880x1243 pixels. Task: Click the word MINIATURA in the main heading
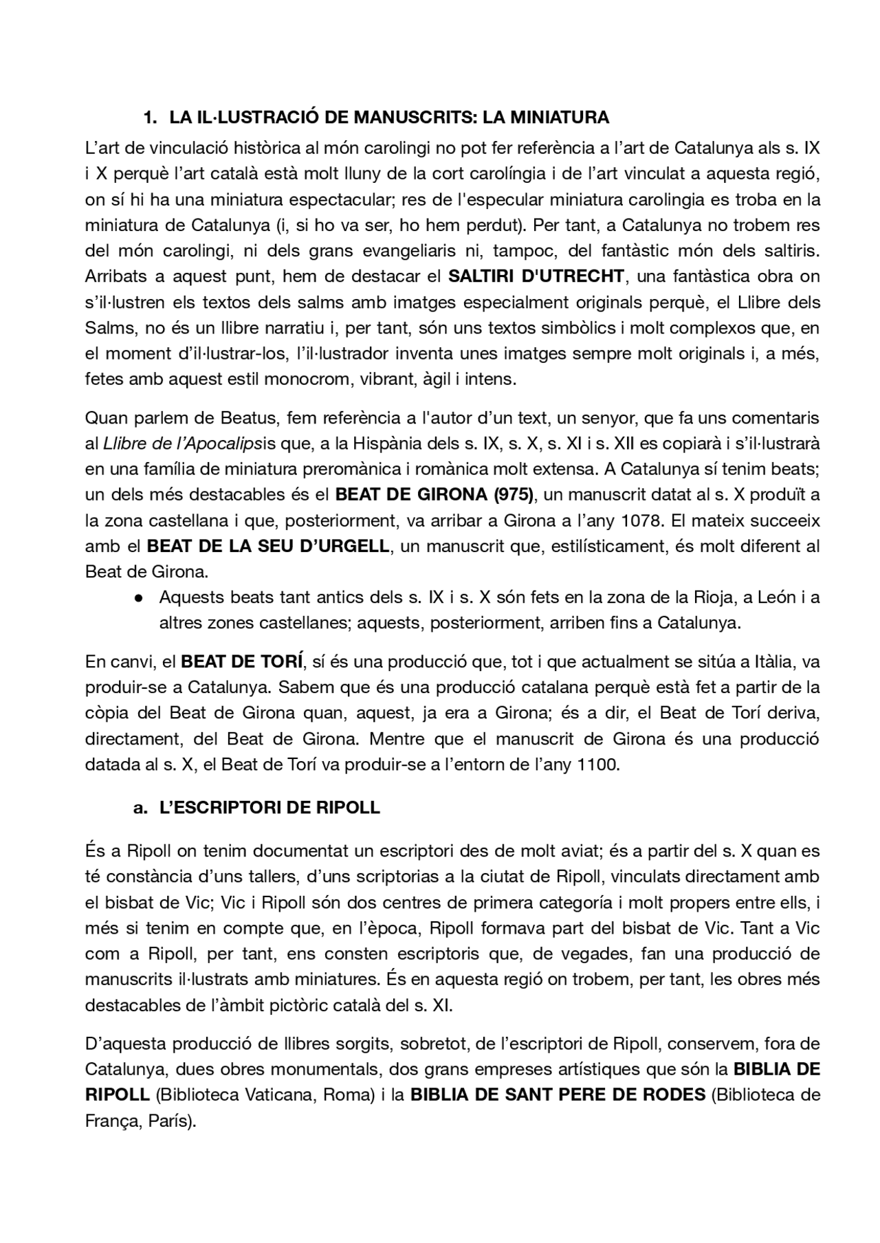click(560, 118)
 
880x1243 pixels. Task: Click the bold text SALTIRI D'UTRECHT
click(536, 276)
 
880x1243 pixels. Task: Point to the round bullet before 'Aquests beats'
click(138, 598)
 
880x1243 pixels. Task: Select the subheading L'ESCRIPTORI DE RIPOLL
click(269, 807)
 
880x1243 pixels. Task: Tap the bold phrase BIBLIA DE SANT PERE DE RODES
click(558, 1094)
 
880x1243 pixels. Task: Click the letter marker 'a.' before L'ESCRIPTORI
click(140, 807)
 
